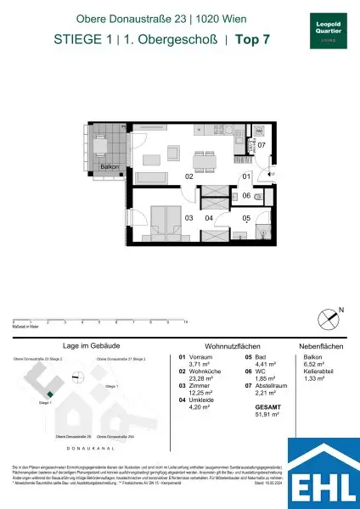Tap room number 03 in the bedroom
[188, 218]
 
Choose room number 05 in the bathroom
[246, 217]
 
